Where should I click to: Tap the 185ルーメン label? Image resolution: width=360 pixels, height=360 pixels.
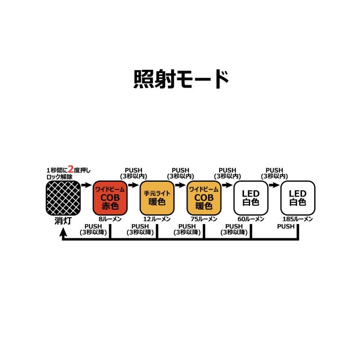pos(297,219)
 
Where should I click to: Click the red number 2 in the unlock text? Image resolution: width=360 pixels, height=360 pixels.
pos(71,170)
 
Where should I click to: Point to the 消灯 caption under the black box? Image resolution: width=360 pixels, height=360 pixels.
pos(63,220)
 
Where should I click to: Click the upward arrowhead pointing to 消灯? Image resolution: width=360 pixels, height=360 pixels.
pos(63,231)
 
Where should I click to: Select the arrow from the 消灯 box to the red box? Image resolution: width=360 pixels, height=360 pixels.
pos(86,184)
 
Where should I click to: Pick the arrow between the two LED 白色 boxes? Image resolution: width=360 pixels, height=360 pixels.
pos(274,184)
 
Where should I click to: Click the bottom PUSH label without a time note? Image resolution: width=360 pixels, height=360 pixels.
pos(286,226)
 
